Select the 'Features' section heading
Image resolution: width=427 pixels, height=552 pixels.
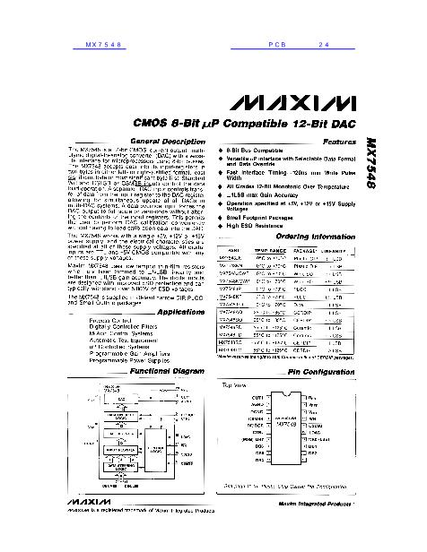341,142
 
